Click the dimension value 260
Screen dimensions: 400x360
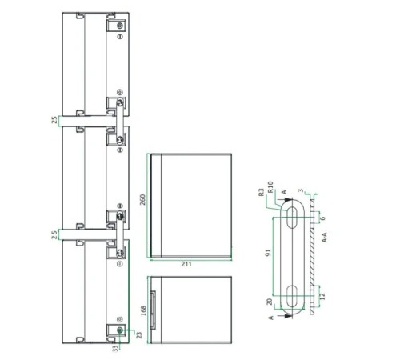coord(143,200)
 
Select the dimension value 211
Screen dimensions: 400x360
coord(186,264)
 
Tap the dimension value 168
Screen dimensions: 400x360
coord(144,310)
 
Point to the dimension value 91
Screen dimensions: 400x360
coord(268,252)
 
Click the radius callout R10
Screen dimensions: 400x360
coord(270,186)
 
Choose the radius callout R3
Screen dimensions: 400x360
coord(262,192)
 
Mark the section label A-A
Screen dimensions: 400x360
coord(324,237)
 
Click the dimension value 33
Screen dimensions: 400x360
coord(115,348)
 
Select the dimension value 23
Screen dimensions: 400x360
coord(139,335)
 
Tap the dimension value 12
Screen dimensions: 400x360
coord(322,296)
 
